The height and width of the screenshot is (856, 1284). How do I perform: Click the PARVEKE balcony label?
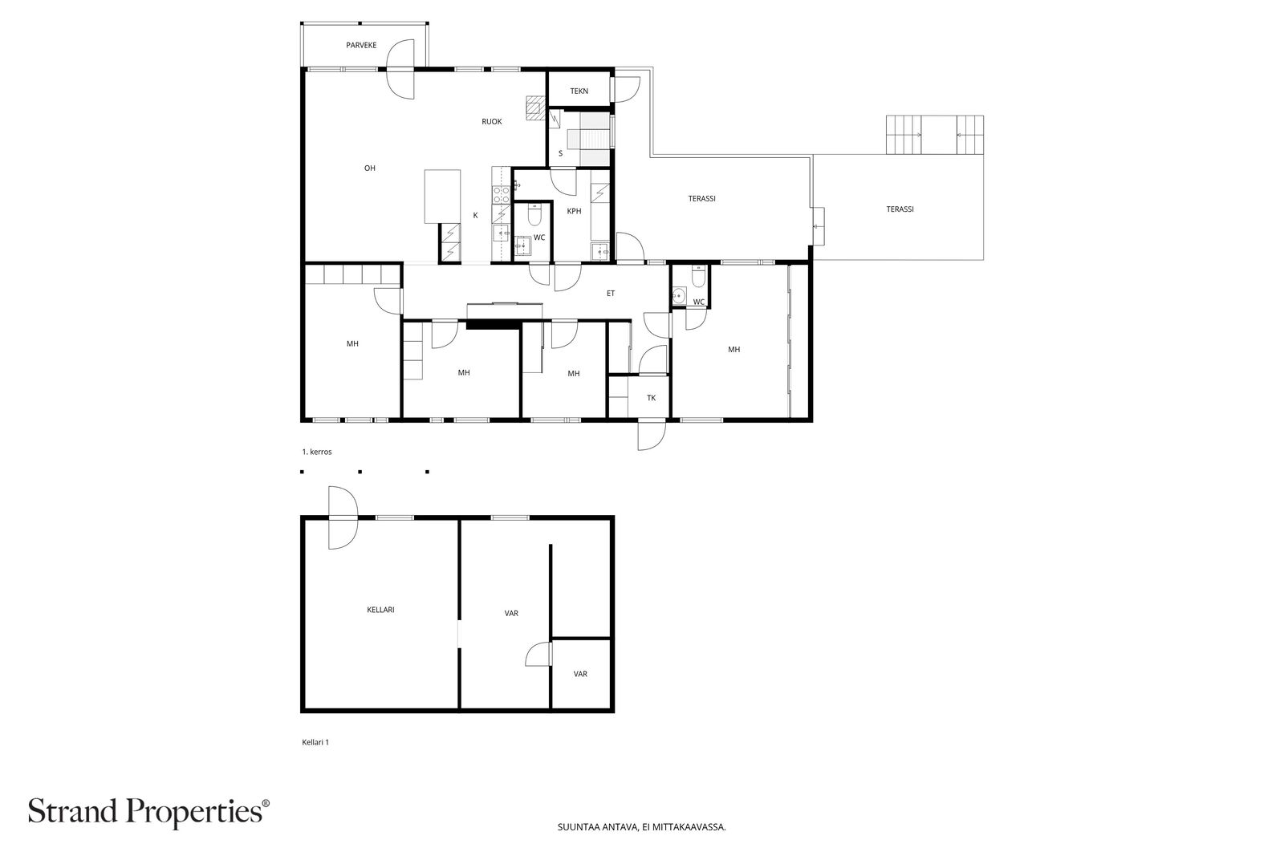pyautogui.click(x=361, y=45)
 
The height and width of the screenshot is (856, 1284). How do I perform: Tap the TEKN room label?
pyautogui.click(x=579, y=91)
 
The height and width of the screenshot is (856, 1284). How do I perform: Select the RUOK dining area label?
pyautogui.click(x=492, y=121)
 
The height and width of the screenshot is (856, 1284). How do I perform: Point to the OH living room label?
pyautogui.click(x=370, y=168)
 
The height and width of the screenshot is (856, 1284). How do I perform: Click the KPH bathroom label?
pyautogui.click(x=574, y=211)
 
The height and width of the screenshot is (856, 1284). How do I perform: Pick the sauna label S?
pyautogui.click(x=561, y=153)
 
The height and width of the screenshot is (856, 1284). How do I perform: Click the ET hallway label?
pyautogui.click(x=611, y=294)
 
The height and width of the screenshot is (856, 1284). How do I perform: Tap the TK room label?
pyautogui.click(x=651, y=398)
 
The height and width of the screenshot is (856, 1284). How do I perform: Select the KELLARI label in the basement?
pyautogui.click(x=380, y=610)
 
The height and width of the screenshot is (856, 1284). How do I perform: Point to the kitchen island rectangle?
pyautogui.click(x=442, y=196)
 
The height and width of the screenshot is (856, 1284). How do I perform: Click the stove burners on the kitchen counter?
pyautogui.click(x=502, y=195)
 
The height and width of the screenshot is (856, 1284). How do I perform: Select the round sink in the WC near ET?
pyautogui.click(x=679, y=296)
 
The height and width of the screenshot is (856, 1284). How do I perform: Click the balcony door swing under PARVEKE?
pyautogui.click(x=400, y=69)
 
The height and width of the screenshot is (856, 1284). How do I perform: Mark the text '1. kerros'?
pyautogui.click(x=317, y=452)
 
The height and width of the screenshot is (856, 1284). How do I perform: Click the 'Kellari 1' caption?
pyautogui.click(x=315, y=742)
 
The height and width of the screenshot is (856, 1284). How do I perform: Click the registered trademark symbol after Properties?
pyautogui.click(x=266, y=803)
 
